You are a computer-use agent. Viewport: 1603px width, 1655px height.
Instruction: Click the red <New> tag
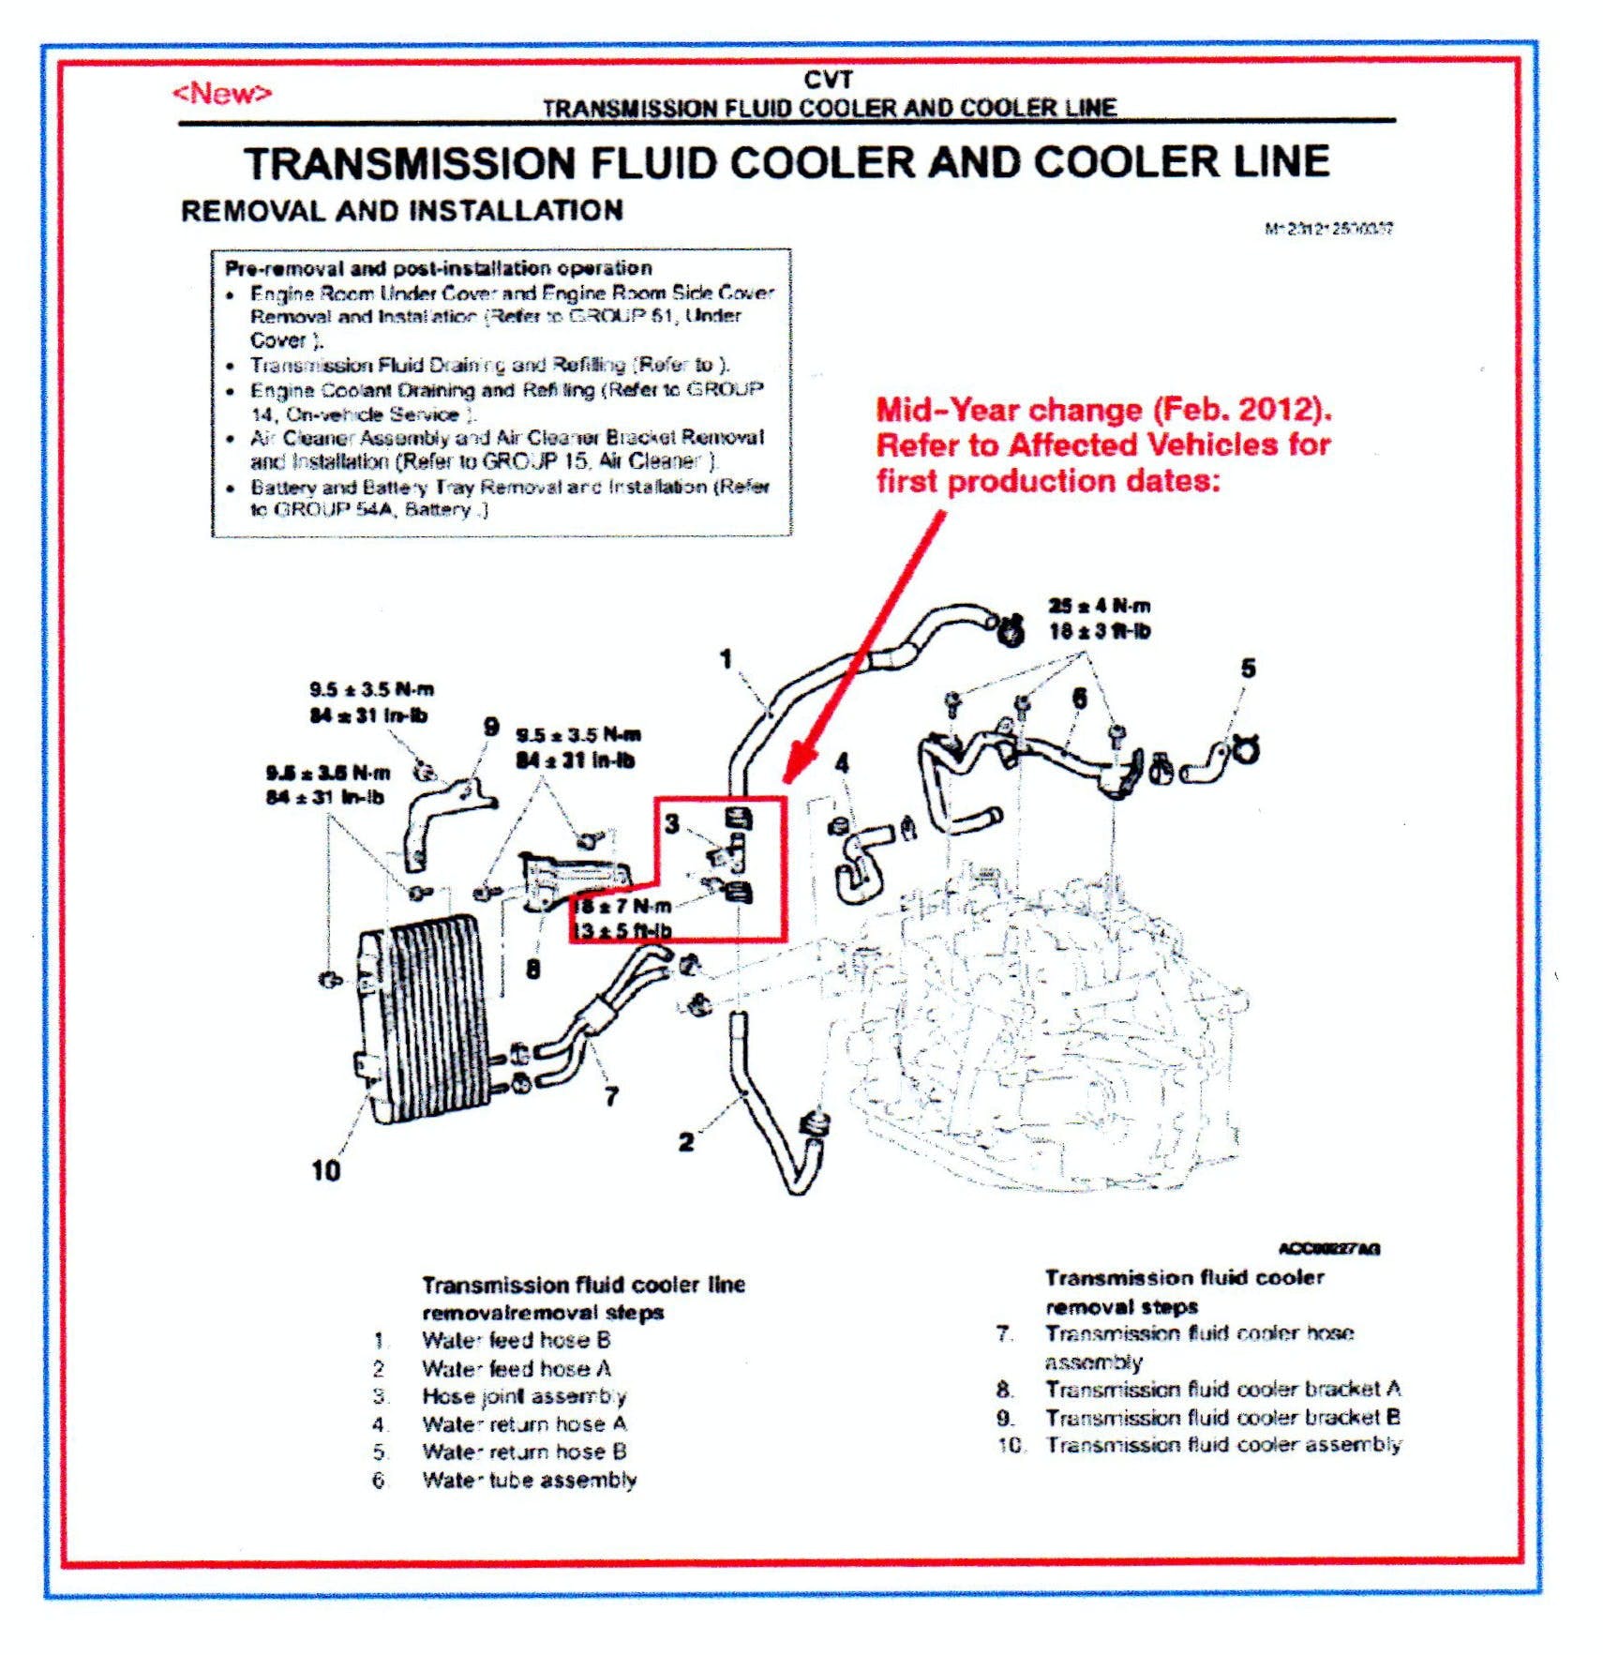click(221, 94)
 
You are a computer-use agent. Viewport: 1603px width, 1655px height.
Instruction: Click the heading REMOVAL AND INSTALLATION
click(401, 210)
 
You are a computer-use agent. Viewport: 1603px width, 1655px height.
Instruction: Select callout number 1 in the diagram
click(726, 659)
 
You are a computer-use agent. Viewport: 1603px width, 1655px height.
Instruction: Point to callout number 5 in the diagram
click(1248, 669)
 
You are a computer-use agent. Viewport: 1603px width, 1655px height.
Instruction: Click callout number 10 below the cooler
click(325, 1170)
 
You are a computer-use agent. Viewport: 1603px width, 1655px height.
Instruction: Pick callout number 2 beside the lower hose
click(686, 1141)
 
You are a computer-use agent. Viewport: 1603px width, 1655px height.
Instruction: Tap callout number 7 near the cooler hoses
click(611, 1095)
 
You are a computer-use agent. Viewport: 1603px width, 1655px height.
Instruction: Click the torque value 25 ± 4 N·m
click(1099, 606)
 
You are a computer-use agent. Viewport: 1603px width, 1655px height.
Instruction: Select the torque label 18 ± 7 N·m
click(622, 906)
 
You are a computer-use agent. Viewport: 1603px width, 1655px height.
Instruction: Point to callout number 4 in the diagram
click(842, 763)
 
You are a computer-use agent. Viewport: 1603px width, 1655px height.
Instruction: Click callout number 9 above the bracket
click(490, 727)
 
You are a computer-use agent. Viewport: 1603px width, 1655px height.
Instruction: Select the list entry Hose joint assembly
click(523, 1396)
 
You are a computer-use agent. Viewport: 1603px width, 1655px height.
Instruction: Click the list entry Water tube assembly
click(529, 1480)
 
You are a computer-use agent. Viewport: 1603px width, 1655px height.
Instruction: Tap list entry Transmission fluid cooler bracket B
click(1222, 1417)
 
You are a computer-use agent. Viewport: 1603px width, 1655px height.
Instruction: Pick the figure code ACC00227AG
click(1328, 1248)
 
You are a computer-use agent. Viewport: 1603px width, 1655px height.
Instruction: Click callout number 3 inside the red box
click(672, 823)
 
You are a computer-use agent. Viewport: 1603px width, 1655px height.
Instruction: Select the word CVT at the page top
click(828, 81)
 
